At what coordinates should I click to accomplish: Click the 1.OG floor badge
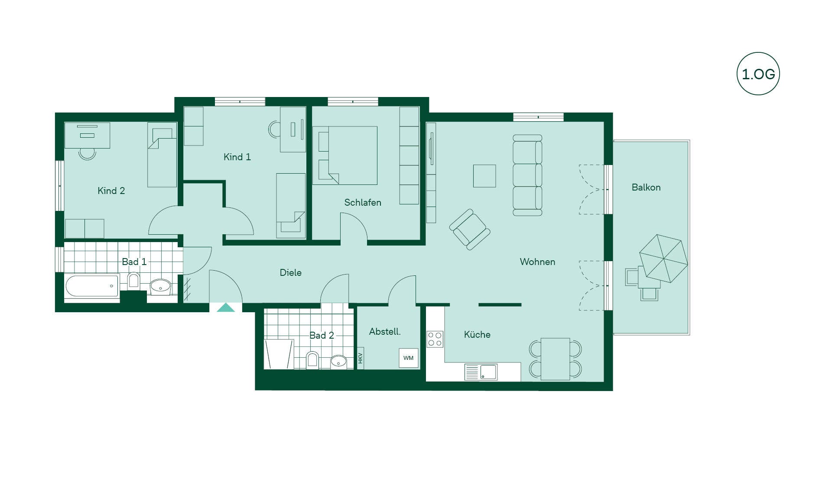[758, 74]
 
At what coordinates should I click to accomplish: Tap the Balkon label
[646, 188]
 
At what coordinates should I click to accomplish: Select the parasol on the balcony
[663, 259]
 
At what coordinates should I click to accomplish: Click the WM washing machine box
[409, 358]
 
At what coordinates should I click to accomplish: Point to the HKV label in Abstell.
[360, 358]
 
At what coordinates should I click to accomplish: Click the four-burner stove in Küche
[435, 339]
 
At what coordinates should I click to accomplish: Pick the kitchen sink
[481, 372]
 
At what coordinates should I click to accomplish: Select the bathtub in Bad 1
[92, 286]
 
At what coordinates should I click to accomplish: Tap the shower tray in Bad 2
[279, 354]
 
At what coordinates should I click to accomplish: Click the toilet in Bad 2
[312, 360]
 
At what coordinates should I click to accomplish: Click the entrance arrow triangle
[226, 307]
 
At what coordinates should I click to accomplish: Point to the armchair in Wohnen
[470, 230]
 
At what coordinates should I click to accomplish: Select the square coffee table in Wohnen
[484, 176]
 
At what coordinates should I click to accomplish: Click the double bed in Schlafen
[345, 155]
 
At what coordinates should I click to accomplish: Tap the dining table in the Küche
[555, 359]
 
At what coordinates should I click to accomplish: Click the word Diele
[291, 273]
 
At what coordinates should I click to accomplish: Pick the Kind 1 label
[237, 157]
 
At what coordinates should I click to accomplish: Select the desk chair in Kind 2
[87, 154]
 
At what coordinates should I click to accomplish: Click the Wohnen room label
[537, 262]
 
